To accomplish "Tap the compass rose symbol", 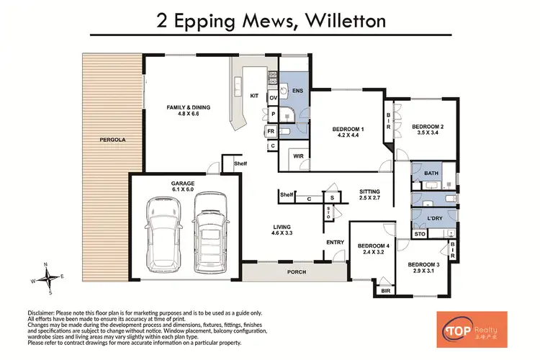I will pos(46,278).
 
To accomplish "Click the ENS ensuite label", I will pos(298,91).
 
